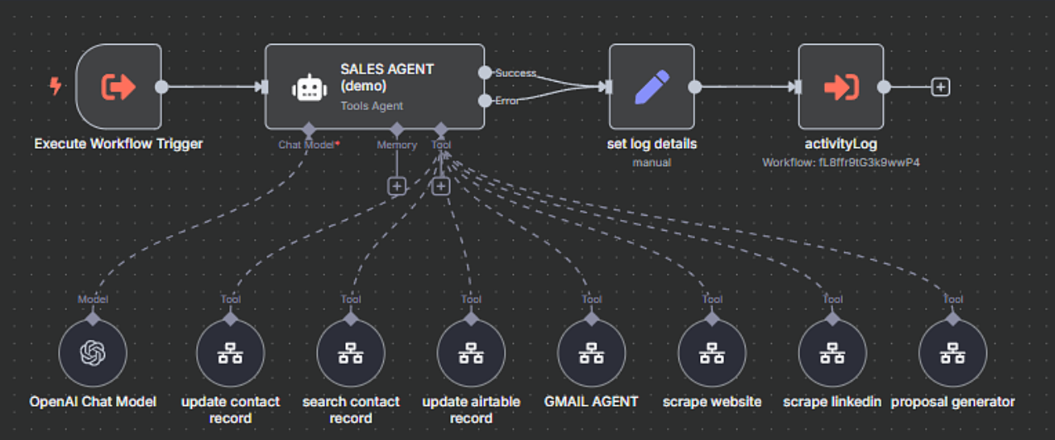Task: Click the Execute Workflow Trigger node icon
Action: (118, 87)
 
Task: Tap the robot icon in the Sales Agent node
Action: (309, 88)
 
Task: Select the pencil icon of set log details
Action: (652, 87)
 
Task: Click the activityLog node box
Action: (842, 87)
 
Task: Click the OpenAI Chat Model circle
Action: (93, 353)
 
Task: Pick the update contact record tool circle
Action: (230, 353)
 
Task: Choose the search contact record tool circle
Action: (351, 353)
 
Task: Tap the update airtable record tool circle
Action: (471, 353)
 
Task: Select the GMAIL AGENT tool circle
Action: (592, 353)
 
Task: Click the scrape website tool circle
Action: (712, 353)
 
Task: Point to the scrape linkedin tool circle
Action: (832, 353)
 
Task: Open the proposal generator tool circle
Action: (952, 353)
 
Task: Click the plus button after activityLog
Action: (941, 87)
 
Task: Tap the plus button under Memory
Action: (397, 186)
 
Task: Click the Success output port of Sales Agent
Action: (485, 73)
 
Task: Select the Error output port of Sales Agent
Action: (485, 101)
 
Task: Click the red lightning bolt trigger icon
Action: (55, 86)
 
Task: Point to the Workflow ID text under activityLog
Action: (841, 163)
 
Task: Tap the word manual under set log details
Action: (652, 163)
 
